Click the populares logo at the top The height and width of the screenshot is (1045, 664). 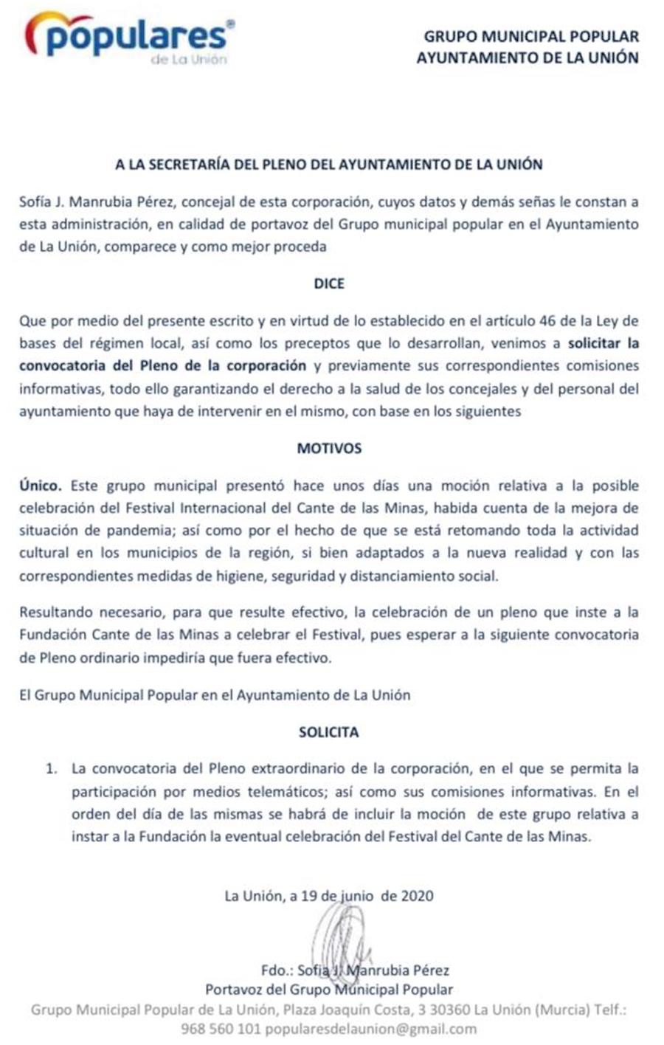tap(130, 38)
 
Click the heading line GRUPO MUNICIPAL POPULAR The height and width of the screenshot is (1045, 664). tap(531, 36)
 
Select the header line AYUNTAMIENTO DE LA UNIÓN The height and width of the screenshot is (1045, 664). tap(528, 58)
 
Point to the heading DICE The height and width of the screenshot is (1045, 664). tap(329, 284)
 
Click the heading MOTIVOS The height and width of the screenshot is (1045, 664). tap(329, 449)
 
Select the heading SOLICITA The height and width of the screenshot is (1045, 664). tap(329, 733)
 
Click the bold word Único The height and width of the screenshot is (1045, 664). tap(41, 486)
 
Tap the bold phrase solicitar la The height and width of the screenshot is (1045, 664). tap(604, 343)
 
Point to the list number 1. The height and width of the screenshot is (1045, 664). tap(51, 769)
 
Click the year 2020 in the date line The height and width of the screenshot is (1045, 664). tap(417, 897)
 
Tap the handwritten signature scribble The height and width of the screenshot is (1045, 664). tap(339, 937)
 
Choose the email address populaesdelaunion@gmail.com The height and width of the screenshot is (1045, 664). tap(370, 1029)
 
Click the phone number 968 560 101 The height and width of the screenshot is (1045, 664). tap(221, 1029)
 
